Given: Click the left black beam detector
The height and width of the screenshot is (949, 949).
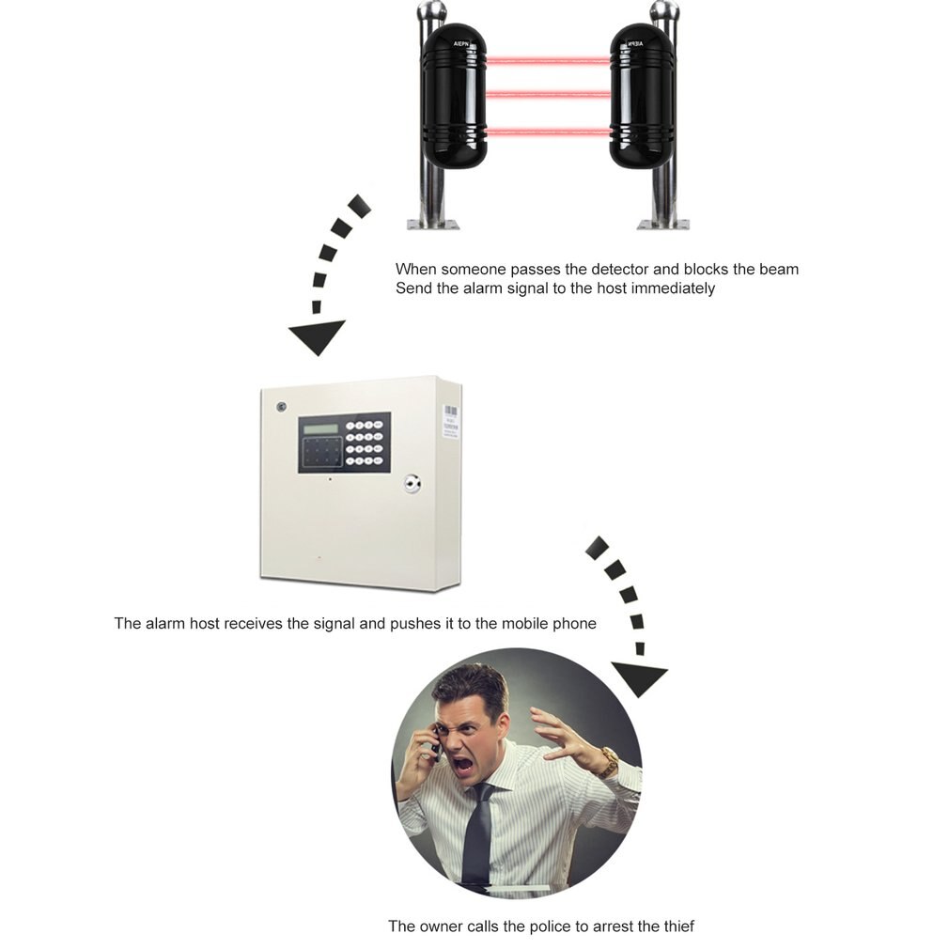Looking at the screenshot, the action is (454, 97).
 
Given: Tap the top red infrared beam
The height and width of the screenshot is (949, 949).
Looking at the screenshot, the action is (549, 60).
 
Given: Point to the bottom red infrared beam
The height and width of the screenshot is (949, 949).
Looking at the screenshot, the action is (549, 132).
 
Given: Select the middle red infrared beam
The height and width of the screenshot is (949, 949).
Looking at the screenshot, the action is (549, 94).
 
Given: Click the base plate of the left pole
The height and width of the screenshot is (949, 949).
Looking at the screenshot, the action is (433, 225).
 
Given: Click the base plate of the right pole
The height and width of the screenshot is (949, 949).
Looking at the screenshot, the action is (663, 225).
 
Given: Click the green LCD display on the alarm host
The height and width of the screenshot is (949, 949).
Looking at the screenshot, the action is (320, 429).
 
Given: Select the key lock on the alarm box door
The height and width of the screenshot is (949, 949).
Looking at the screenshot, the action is (412, 484).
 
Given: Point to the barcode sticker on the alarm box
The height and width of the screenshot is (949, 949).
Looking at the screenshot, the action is (452, 421).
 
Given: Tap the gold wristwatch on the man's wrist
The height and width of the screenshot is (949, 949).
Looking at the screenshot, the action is (608, 762).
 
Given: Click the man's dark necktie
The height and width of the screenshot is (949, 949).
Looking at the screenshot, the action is (477, 835).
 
